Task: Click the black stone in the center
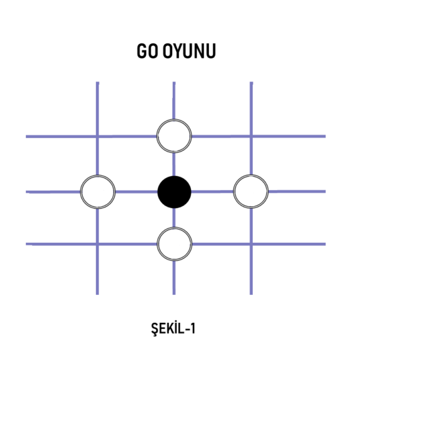point(174,192)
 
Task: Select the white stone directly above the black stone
point(174,136)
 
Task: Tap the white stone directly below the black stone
point(175,244)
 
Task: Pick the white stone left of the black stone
point(98,191)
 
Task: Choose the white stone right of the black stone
point(251,191)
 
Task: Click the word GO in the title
point(147,51)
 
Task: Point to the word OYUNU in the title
point(189,51)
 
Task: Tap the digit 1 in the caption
point(193,328)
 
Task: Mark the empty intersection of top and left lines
point(97,136)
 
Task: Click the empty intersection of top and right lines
point(251,136)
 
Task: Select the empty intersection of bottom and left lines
point(97,244)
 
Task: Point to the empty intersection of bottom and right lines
point(251,244)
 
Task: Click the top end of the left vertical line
point(97,82)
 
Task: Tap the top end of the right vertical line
point(252,82)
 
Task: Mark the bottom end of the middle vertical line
point(174,294)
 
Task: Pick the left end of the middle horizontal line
point(26,192)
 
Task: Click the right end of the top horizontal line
point(326,136)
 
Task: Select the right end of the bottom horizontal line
point(326,244)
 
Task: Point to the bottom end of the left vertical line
point(97,294)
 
